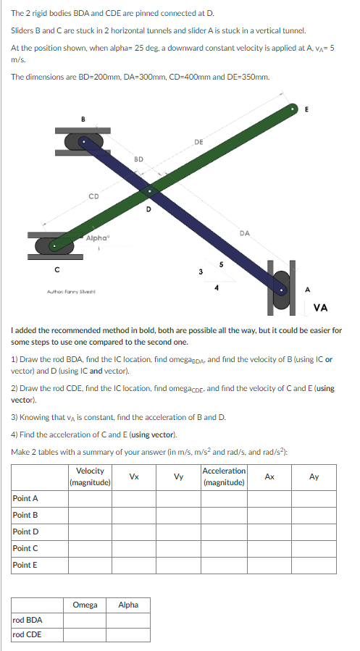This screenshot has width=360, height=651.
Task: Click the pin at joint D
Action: [x=149, y=192]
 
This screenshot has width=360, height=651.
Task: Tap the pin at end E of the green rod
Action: [x=293, y=109]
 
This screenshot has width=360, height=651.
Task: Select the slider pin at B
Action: [x=85, y=142]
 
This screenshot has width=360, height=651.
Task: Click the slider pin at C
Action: [x=54, y=245]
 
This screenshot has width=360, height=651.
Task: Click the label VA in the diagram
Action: [x=321, y=308]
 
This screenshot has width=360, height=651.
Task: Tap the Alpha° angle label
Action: [x=96, y=238]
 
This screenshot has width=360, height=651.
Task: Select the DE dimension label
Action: [x=198, y=143]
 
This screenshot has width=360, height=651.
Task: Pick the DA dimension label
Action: [x=245, y=232]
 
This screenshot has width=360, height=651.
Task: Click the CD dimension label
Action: [x=93, y=195]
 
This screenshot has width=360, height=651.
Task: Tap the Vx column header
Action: [x=134, y=476]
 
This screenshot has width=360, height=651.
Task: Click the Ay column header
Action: [x=314, y=476]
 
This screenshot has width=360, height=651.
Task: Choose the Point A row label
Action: [x=25, y=498]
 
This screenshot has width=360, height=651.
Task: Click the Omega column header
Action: [x=85, y=605]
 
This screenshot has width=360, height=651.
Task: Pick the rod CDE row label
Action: [x=28, y=635]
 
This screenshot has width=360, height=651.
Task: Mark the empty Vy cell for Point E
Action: [x=178, y=566]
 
